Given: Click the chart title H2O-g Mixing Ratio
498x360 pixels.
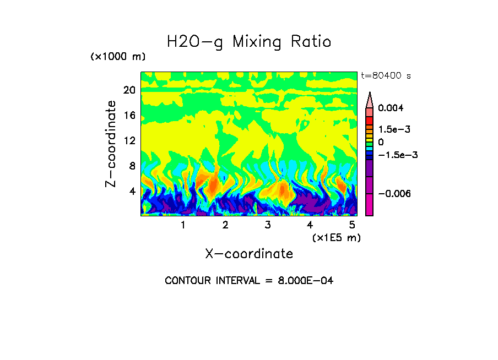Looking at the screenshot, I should coord(249,42).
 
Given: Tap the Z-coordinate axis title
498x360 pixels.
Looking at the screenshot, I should coord(111,144).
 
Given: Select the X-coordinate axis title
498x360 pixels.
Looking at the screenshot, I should coord(249,254).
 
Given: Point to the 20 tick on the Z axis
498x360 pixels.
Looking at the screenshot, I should coord(129,90).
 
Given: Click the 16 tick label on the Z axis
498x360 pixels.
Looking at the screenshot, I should coord(129,116).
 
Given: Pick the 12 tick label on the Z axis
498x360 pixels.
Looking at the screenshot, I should coord(129,141).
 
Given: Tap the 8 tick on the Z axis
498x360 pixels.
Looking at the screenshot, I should coord(132,166).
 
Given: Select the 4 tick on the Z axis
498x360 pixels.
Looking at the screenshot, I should coord(132,192).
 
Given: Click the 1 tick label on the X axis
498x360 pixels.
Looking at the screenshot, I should coord(183,225).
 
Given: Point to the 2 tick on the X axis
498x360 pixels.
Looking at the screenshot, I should coord(225,225).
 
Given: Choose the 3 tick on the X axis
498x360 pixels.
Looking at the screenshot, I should coord(268,225).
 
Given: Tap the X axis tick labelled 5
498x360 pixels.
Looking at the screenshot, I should coord(352,225).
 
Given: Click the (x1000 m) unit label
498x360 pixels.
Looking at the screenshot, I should coord(117,57).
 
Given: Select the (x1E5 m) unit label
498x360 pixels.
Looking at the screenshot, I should coord(336,238).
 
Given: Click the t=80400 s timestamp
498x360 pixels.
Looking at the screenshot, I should coord(386,76).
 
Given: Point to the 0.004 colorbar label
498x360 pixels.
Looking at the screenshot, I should coord(391,108).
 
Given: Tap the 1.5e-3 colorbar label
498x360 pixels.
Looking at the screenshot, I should coord(394,129).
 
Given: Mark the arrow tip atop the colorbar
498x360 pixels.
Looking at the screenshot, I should coord(370,93).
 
